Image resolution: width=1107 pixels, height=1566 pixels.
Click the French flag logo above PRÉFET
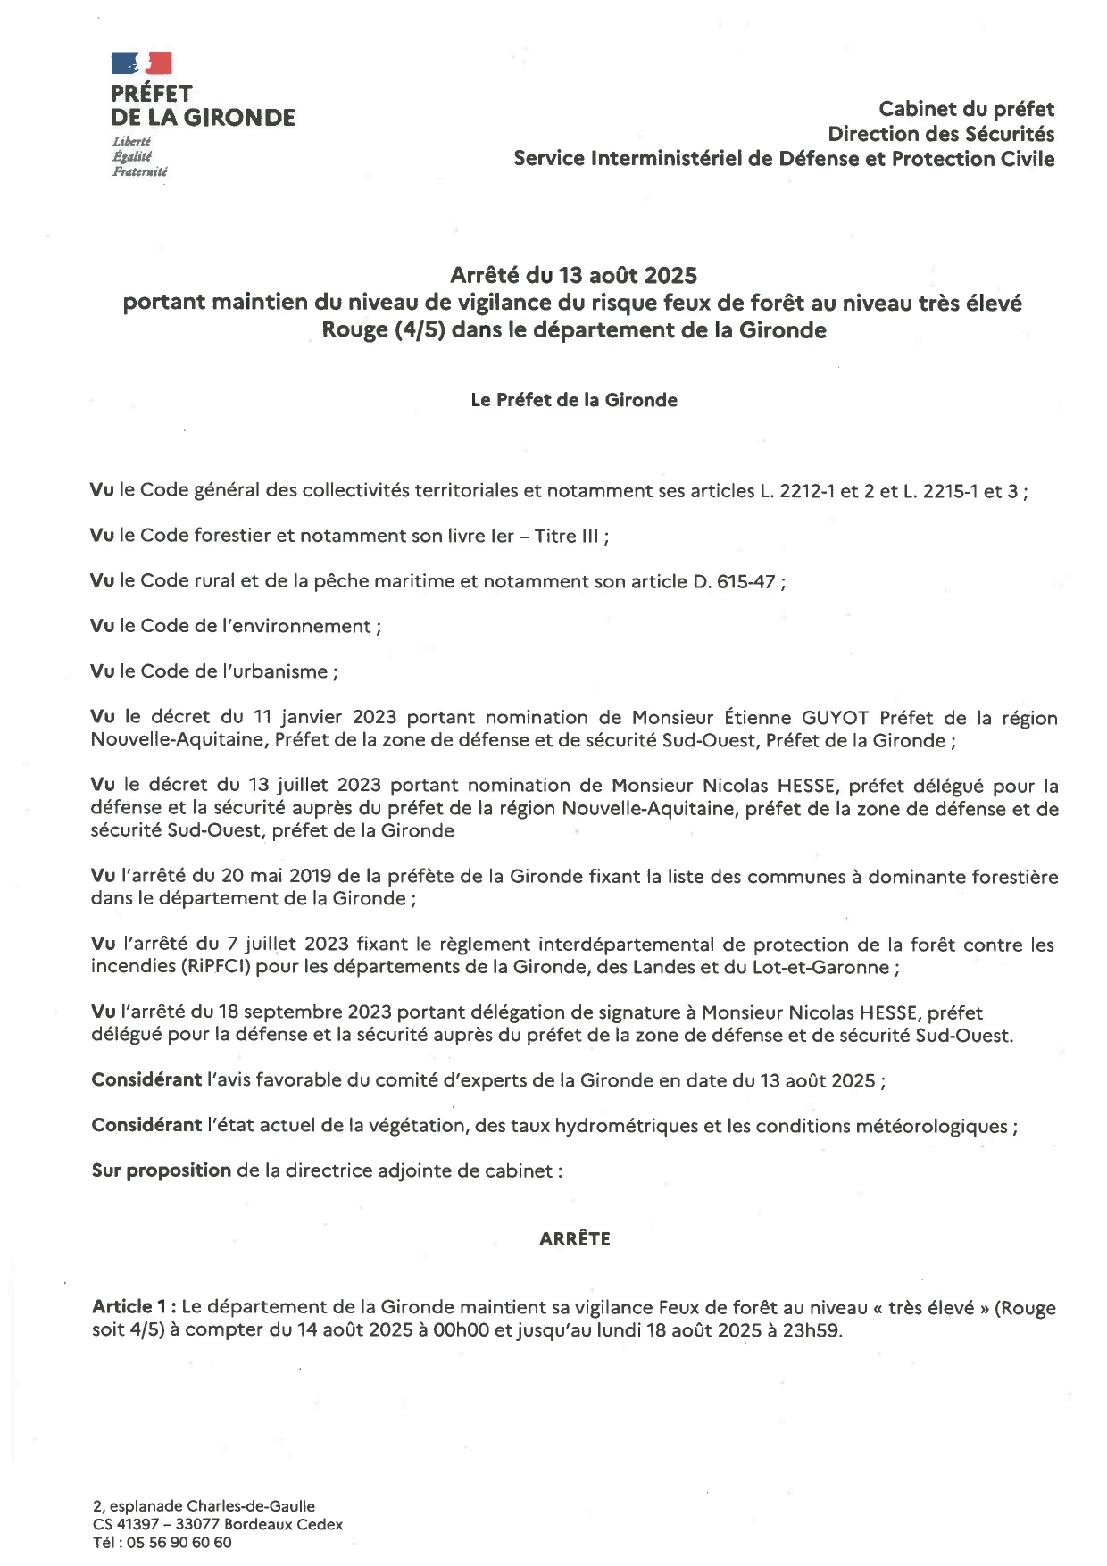pyautogui.click(x=141, y=62)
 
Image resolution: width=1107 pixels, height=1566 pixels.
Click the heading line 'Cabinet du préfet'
pyautogui.click(x=966, y=109)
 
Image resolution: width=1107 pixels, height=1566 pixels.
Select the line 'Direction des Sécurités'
pyautogui.click(x=941, y=134)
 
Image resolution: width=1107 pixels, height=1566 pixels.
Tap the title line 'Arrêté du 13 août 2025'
pyautogui.click(x=573, y=275)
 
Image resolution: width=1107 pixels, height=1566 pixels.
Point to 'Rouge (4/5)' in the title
pyautogui.click(x=383, y=330)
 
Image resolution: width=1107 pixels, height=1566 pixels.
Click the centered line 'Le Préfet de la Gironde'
pyautogui.click(x=573, y=400)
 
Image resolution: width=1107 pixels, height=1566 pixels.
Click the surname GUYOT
pyautogui.click(x=836, y=718)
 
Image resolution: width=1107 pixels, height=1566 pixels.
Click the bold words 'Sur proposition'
pyautogui.click(x=161, y=1170)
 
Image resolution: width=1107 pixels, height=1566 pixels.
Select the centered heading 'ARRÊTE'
pyautogui.click(x=574, y=1239)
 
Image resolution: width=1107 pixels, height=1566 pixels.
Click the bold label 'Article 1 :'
pyautogui.click(x=133, y=1307)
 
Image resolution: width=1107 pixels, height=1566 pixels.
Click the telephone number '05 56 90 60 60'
pyautogui.click(x=179, y=1542)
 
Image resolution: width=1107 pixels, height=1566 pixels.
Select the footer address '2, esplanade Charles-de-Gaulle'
pyautogui.click(x=204, y=1506)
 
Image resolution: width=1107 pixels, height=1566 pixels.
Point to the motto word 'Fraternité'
pyautogui.click(x=139, y=171)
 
